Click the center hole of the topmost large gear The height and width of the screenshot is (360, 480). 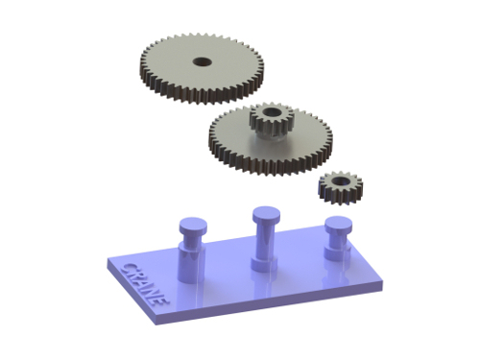coord(203,61)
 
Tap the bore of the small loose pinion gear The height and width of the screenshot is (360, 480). coord(340,181)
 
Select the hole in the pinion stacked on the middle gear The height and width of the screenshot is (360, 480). coord(272,112)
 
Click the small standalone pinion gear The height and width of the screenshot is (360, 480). coord(341,187)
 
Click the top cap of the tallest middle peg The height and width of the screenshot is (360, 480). coord(266,214)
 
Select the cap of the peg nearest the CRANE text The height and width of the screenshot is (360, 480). coord(193,226)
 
